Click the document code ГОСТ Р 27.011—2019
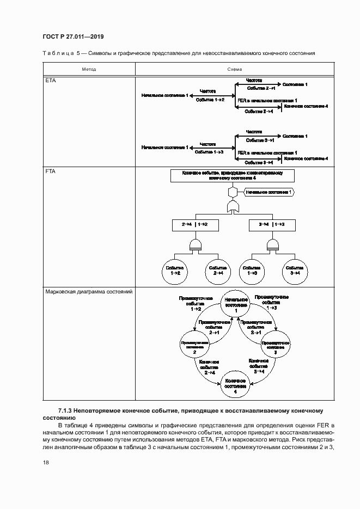pyautogui.click(x=73, y=37)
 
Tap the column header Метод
pyautogui.click(x=89, y=70)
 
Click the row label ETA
pyautogui.click(x=50, y=81)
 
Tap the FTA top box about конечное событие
pyautogui.click(x=231, y=175)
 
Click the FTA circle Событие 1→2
pyautogui.click(x=175, y=271)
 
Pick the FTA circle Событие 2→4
pyautogui.click(x=218, y=271)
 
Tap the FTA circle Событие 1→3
pyautogui.click(x=252, y=271)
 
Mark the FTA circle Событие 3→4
pyautogui.click(x=295, y=271)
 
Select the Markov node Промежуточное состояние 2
pyautogui.click(x=195, y=345)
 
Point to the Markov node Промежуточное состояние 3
pyautogui.click(x=276, y=345)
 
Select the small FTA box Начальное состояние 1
pyautogui.click(x=268, y=192)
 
